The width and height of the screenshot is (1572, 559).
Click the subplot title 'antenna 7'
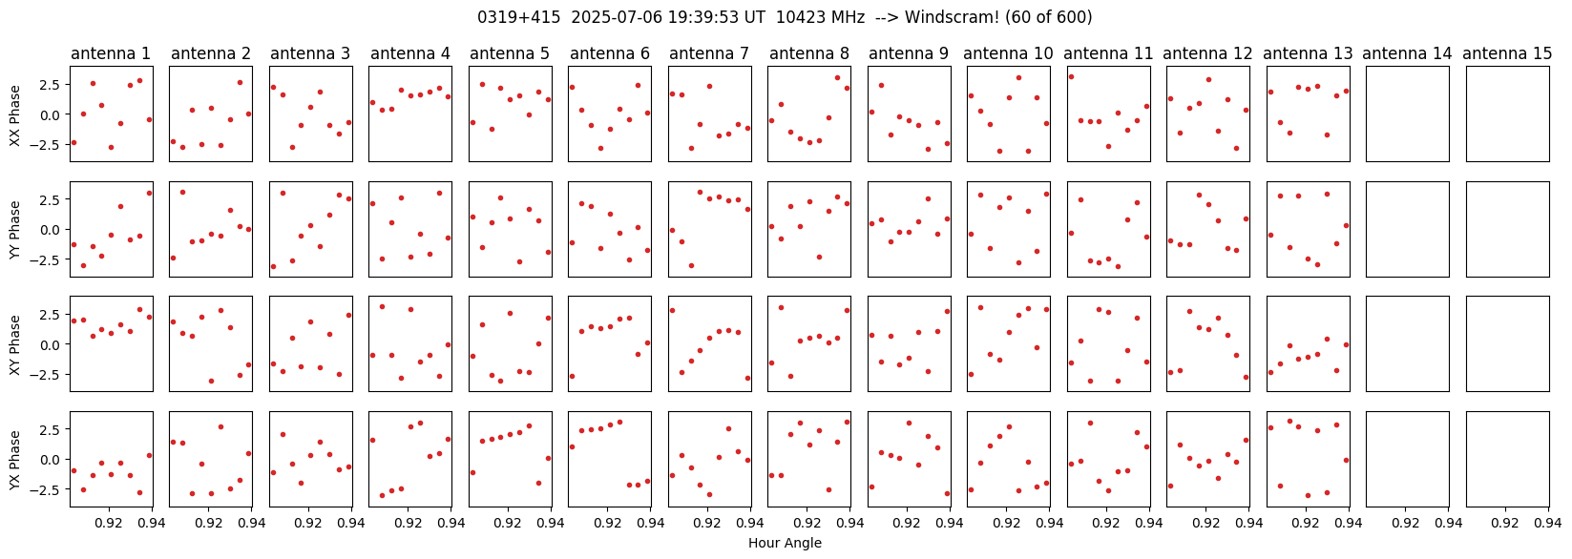click(709, 53)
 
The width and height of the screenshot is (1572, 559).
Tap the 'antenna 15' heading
click(1507, 53)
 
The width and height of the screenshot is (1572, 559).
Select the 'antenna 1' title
click(111, 53)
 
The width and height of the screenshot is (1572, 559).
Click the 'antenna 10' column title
click(1008, 53)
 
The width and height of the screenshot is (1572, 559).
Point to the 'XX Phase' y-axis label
click(14, 114)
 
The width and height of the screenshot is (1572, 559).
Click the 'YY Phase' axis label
click(14, 229)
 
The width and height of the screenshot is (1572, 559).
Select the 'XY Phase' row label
click(14, 344)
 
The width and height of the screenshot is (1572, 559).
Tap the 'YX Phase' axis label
click(14, 460)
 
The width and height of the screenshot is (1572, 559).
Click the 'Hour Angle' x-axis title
click(785, 544)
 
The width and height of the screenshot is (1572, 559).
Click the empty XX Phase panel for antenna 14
click(1408, 114)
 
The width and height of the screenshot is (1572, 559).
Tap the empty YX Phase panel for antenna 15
click(1507, 459)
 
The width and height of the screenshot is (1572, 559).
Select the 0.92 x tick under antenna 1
click(109, 523)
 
